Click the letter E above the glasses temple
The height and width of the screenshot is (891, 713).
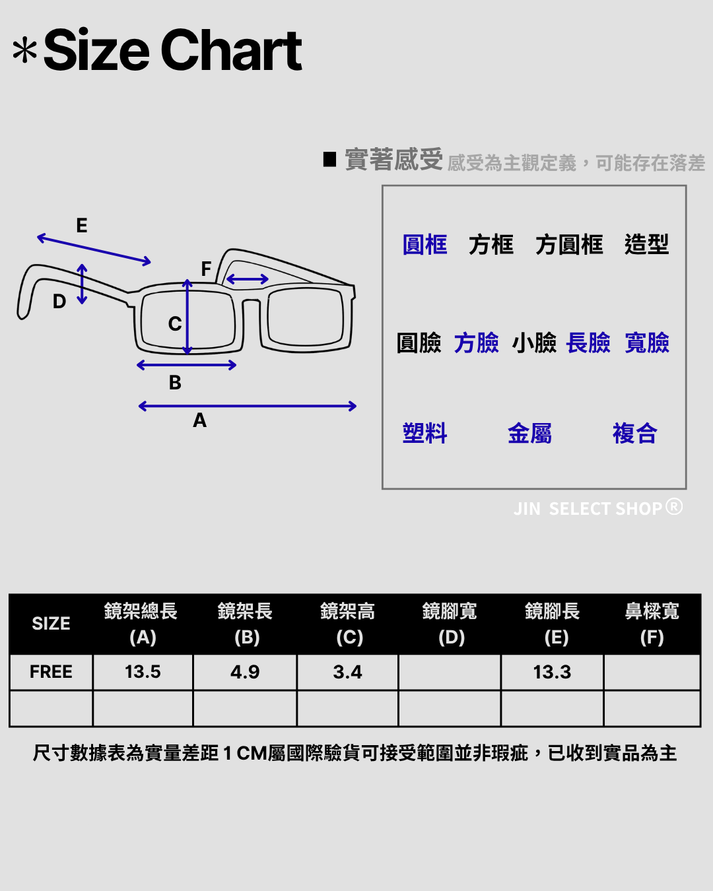point(82,226)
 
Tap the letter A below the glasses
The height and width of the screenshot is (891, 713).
point(200,420)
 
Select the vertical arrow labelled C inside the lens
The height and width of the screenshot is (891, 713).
point(187,317)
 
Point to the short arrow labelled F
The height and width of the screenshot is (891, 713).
point(248,279)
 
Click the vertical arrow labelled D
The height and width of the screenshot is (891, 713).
point(82,284)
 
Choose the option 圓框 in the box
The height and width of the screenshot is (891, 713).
point(424,245)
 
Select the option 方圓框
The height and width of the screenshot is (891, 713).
point(569,245)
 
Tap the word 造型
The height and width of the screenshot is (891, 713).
point(646,245)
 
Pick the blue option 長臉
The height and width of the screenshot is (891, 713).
point(588,343)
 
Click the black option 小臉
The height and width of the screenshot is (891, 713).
point(534,343)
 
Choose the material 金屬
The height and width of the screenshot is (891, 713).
point(529,434)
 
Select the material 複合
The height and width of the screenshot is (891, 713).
point(634,434)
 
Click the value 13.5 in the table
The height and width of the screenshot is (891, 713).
point(143,672)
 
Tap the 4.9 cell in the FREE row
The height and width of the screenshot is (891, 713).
point(245,672)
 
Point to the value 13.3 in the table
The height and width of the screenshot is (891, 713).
point(552,672)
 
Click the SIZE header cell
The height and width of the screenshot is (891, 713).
point(51,624)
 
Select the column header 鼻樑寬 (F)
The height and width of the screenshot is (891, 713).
point(652,624)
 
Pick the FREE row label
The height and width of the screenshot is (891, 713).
point(51,672)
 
